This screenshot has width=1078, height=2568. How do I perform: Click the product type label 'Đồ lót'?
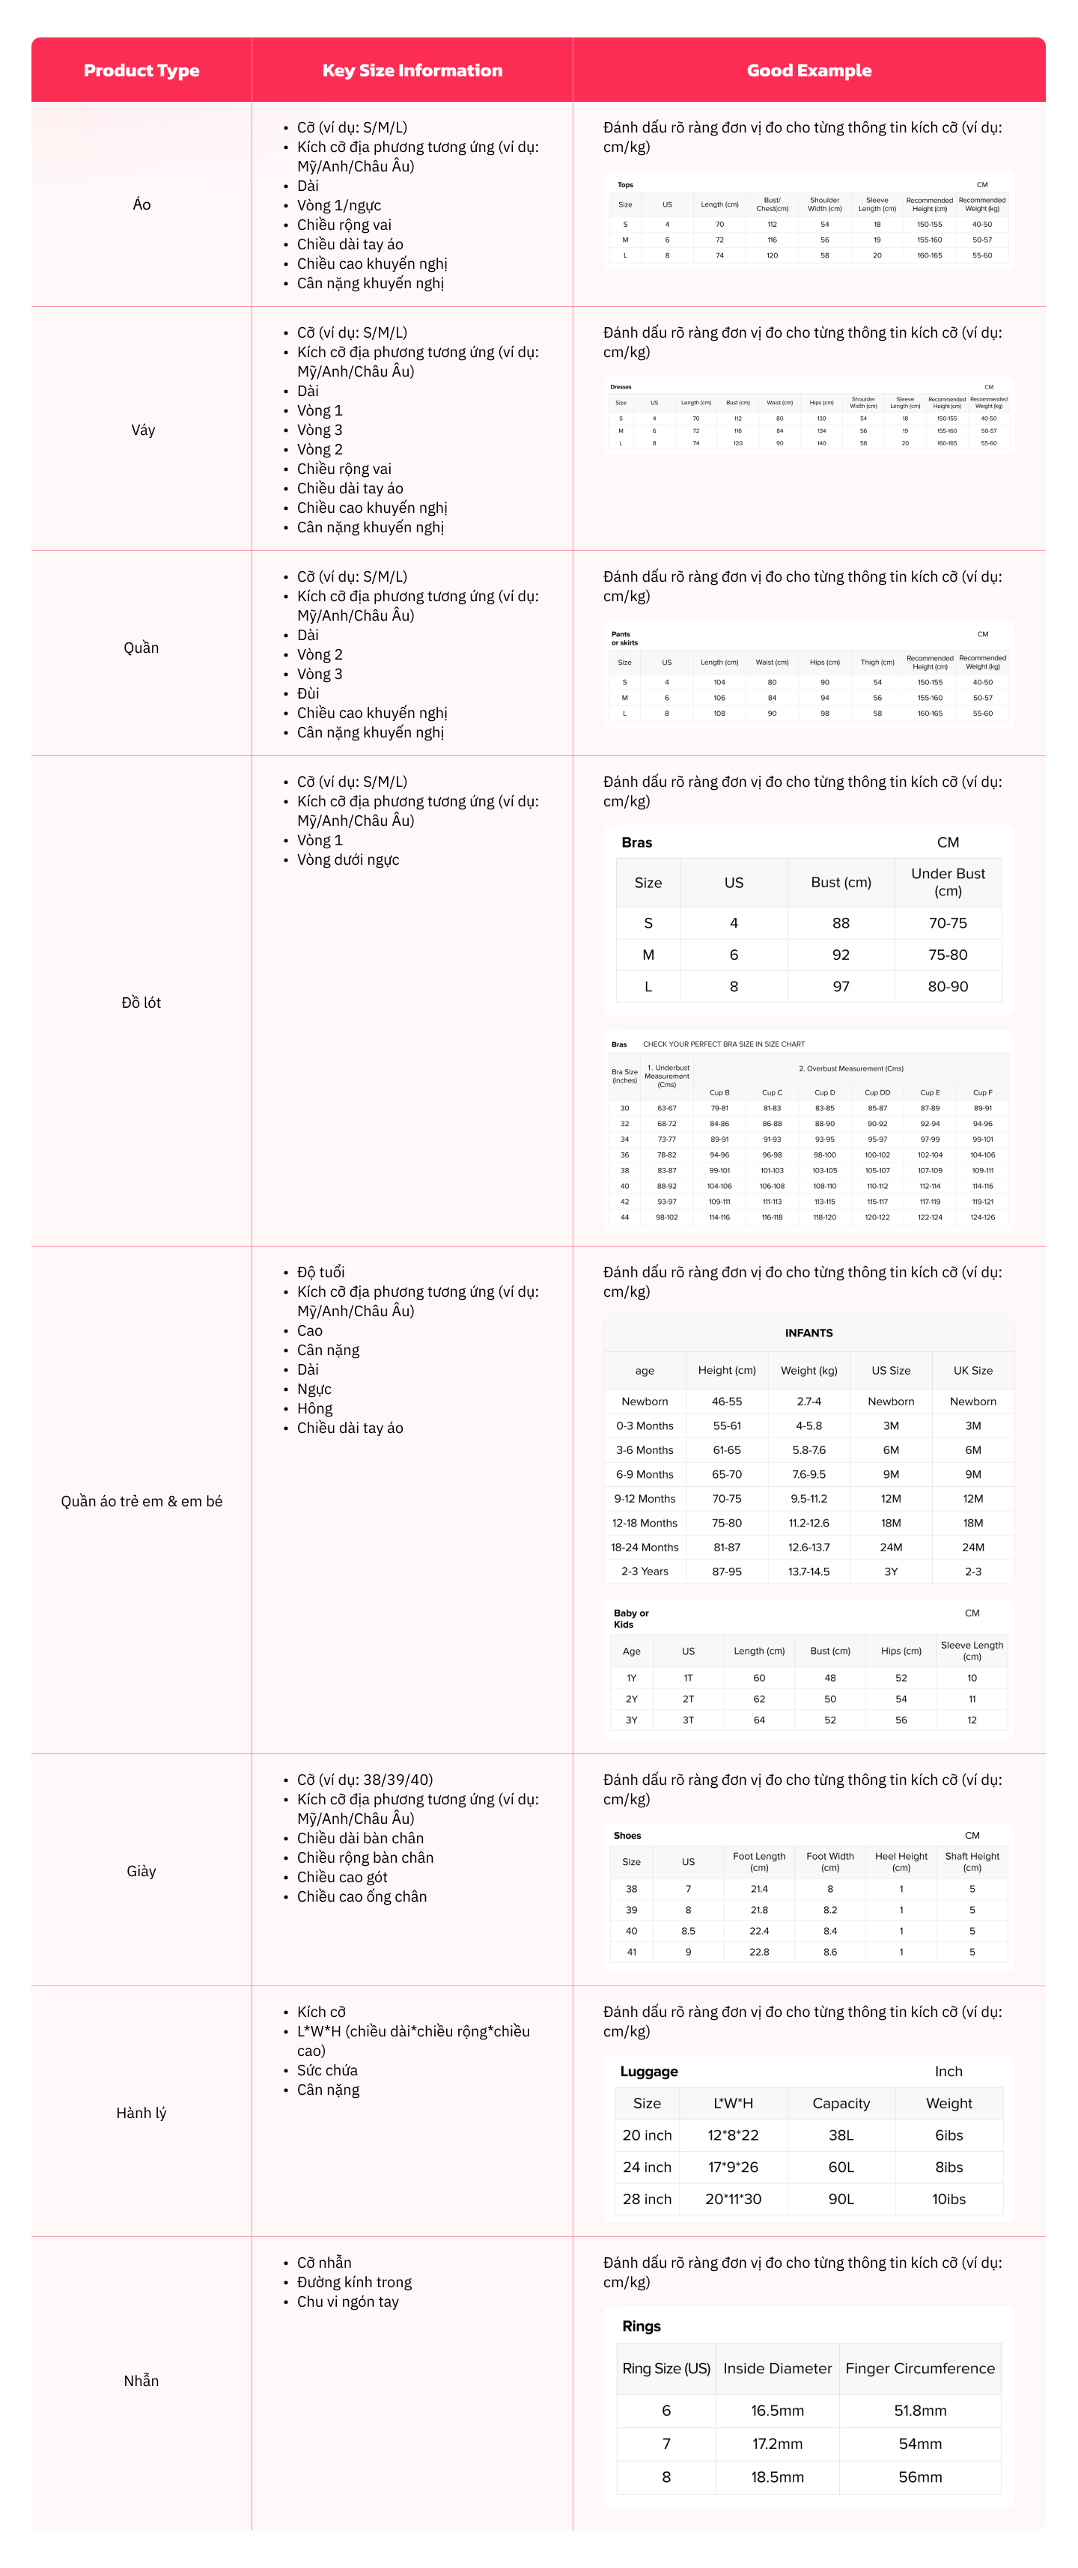[x=141, y=1002]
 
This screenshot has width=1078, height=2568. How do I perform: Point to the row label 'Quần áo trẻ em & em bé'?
[x=141, y=1500]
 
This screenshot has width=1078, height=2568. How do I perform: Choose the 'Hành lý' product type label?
[x=141, y=2112]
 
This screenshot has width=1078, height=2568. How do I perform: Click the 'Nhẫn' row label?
[x=141, y=2381]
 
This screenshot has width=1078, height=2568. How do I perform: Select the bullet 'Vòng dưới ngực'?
[x=348, y=859]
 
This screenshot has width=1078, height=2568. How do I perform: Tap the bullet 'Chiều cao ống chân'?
[x=362, y=1896]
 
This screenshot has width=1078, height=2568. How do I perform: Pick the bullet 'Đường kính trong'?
[x=354, y=2282]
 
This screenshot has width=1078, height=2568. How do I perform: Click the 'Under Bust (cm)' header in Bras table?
[x=947, y=882]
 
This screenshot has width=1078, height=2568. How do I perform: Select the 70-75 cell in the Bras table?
[x=947, y=923]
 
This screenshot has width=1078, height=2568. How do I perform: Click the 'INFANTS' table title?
[x=808, y=1333]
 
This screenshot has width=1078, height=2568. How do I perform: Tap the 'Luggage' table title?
[x=649, y=2072]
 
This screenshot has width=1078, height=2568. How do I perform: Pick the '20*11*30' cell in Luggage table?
[x=733, y=2199]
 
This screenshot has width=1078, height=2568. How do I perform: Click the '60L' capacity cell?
[x=841, y=2167]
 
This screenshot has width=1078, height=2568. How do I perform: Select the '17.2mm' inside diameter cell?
[x=777, y=2444]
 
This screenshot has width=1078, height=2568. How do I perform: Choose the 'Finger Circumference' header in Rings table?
[x=919, y=2369]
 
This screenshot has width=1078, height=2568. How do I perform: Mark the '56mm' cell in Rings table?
[x=919, y=2477]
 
